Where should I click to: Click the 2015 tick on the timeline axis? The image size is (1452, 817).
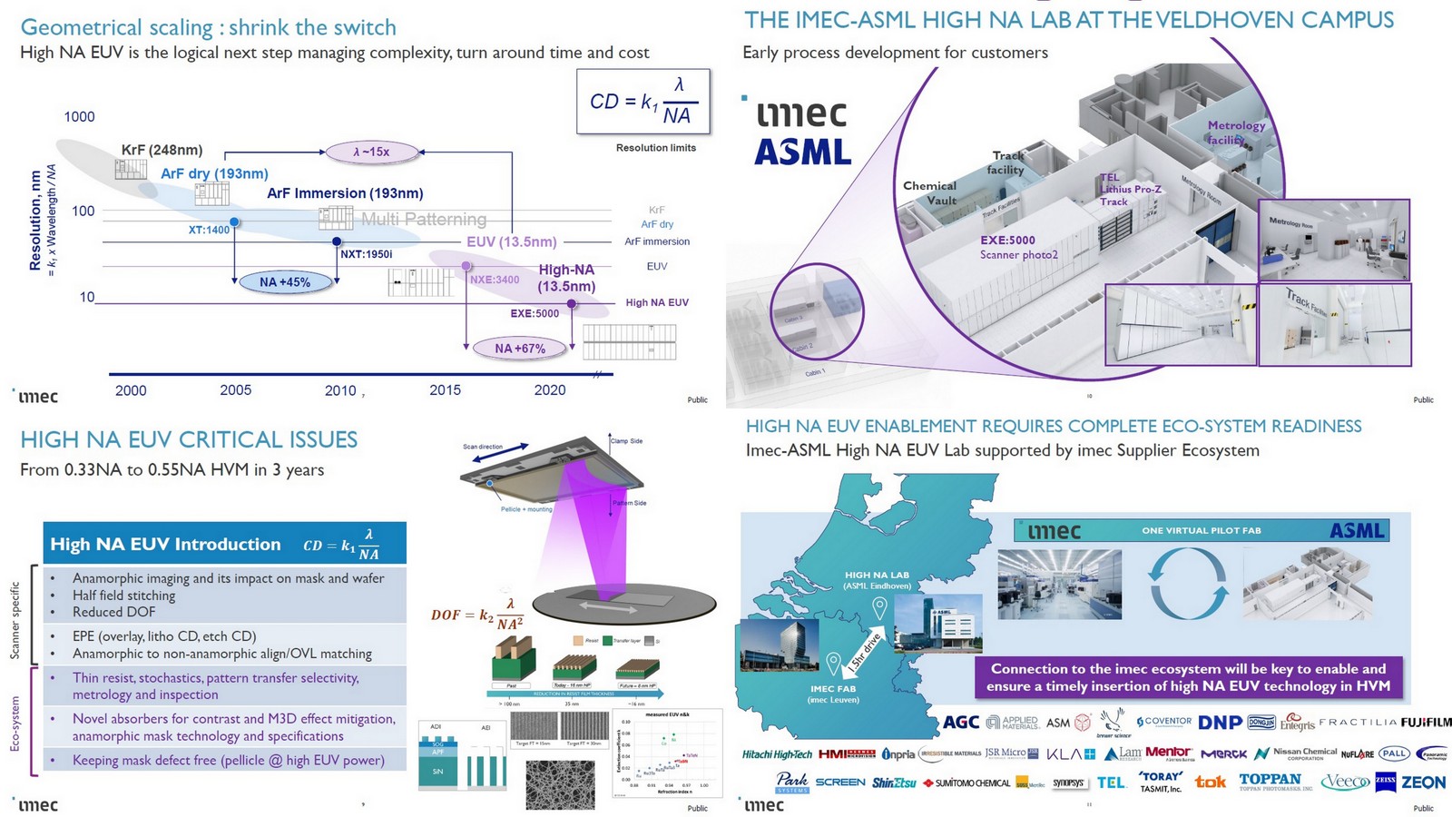(445, 390)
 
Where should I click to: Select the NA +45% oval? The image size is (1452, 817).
(285, 282)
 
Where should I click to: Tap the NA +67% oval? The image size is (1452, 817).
(520, 348)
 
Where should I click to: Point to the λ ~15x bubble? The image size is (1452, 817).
(371, 152)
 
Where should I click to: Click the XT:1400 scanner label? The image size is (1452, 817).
(209, 230)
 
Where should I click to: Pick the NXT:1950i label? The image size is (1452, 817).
(366, 254)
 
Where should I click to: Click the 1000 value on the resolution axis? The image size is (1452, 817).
(79, 116)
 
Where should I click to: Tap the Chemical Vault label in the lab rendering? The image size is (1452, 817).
(929, 192)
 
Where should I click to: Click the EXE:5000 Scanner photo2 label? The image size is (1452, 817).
(1018, 247)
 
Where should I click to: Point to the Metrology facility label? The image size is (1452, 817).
(1234, 133)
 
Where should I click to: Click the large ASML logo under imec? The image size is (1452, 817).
(803, 153)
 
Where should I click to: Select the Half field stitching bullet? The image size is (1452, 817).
(124, 596)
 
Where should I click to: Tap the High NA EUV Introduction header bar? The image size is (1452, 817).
(224, 544)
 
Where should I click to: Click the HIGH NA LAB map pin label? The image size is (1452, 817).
(877, 580)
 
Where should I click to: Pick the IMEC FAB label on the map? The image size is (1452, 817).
(833, 694)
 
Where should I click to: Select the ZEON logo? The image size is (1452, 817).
(1423, 782)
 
